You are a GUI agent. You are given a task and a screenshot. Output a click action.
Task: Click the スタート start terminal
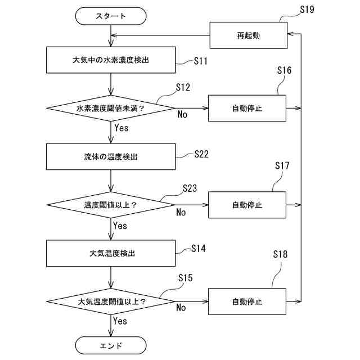[110, 16]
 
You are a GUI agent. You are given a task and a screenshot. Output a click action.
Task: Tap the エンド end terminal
[110, 345]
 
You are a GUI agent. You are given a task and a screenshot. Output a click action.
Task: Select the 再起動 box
[248, 35]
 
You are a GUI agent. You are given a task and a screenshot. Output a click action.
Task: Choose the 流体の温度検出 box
[111, 156]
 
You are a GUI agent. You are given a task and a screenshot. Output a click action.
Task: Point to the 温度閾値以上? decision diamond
[110, 204]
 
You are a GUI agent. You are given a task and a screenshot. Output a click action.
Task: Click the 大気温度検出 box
[111, 253]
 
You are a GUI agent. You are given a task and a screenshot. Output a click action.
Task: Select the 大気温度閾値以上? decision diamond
[110, 301]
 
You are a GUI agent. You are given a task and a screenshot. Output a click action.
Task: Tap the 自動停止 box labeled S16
[247, 107]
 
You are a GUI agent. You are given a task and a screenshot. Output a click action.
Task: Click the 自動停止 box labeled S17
[247, 204]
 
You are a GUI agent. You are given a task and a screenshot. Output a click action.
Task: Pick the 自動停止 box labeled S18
[247, 301]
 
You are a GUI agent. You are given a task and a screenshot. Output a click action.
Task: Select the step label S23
[190, 188]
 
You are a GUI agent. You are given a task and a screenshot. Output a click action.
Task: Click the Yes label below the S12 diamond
[121, 128]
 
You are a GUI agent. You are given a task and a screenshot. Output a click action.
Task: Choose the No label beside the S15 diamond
[181, 308]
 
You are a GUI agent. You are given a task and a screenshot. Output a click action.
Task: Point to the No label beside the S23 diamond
[181, 212]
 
